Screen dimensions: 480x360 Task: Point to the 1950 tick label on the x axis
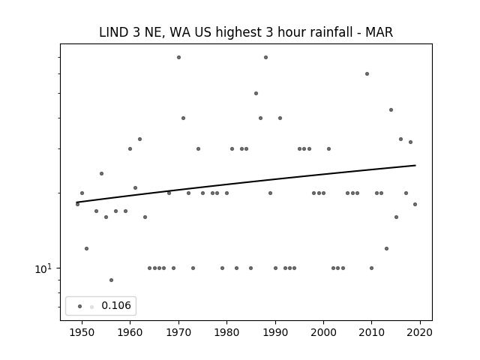click(x=82, y=333)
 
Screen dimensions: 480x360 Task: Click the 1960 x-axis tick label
click(x=130, y=333)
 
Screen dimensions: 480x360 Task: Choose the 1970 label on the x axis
click(x=178, y=333)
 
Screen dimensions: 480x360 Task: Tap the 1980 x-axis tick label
click(x=226, y=333)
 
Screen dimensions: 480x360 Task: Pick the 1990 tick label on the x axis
click(x=275, y=333)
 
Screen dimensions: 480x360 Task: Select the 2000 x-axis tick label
click(x=323, y=333)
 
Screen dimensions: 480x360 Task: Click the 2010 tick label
click(x=372, y=333)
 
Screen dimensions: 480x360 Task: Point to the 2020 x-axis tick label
click(x=420, y=333)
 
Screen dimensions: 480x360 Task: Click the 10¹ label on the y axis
click(x=43, y=268)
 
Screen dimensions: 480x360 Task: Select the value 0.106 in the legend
click(x=116, y=305)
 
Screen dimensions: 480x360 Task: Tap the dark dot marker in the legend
click(x=80, y=307)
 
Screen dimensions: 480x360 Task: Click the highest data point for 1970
click(x=178, y=57)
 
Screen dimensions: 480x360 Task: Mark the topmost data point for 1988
click(x=265, y=57)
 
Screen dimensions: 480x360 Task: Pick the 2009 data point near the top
click(x=367, y=73)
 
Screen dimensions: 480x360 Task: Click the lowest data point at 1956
click(x=111, y=280)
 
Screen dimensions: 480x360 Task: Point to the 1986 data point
click(x=256, y=93)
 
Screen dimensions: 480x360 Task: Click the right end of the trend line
click(x=415, y=165)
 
